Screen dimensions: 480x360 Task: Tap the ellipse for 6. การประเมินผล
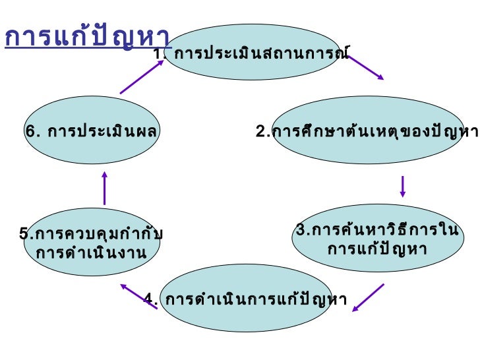pos(92,132)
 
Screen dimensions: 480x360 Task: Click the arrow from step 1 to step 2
pos(365,68)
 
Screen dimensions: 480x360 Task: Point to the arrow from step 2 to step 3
pos(402,186)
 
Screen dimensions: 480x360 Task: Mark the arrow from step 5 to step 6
pos(104,188)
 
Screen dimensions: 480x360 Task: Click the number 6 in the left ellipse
pos(30,132)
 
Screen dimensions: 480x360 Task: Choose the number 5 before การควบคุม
pos(24,234)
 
